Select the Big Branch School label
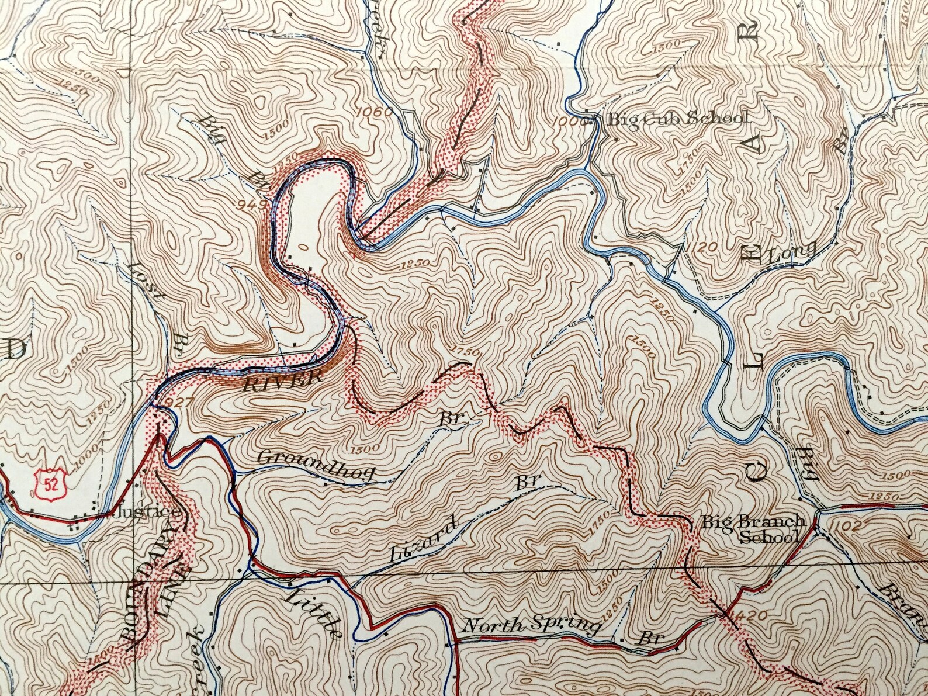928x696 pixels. tap(754, 529)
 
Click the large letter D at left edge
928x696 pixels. tap(15, 349)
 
